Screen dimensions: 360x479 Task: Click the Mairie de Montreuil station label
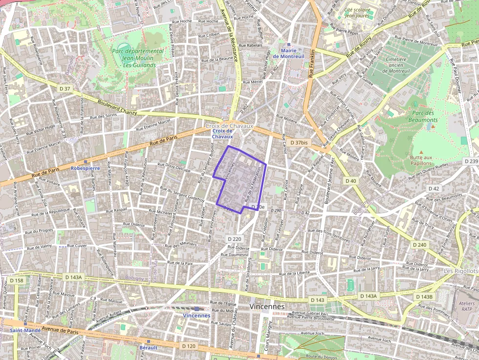(292, 53)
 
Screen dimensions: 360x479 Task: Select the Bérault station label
(149, 348)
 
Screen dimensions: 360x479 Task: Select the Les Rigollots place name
(461, 271)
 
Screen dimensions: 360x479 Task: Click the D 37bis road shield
(299, 143)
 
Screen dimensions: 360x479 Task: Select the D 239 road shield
(471, 161)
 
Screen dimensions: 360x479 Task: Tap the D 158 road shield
(17, 280)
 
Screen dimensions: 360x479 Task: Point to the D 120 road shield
(189, 346)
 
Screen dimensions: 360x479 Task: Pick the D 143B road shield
(424, 297)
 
